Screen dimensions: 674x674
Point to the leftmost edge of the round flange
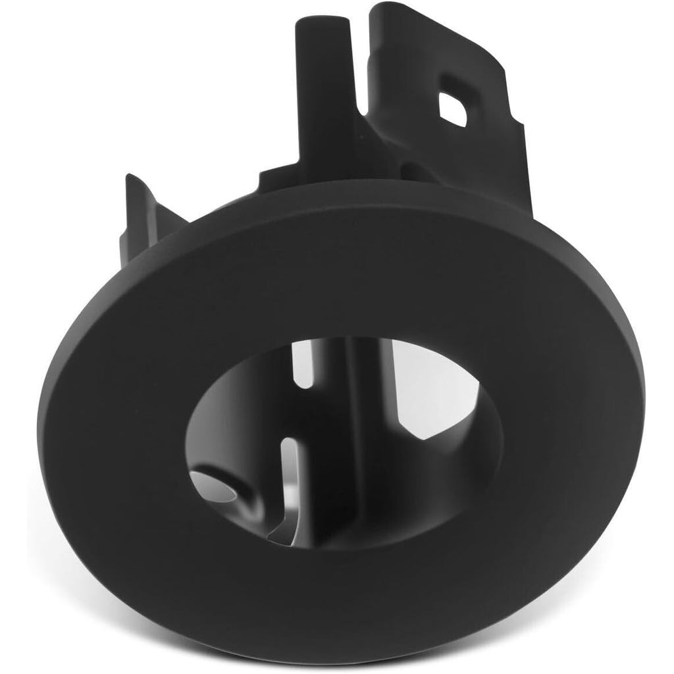point(39,421)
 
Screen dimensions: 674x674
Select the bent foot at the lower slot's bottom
point(276,533)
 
